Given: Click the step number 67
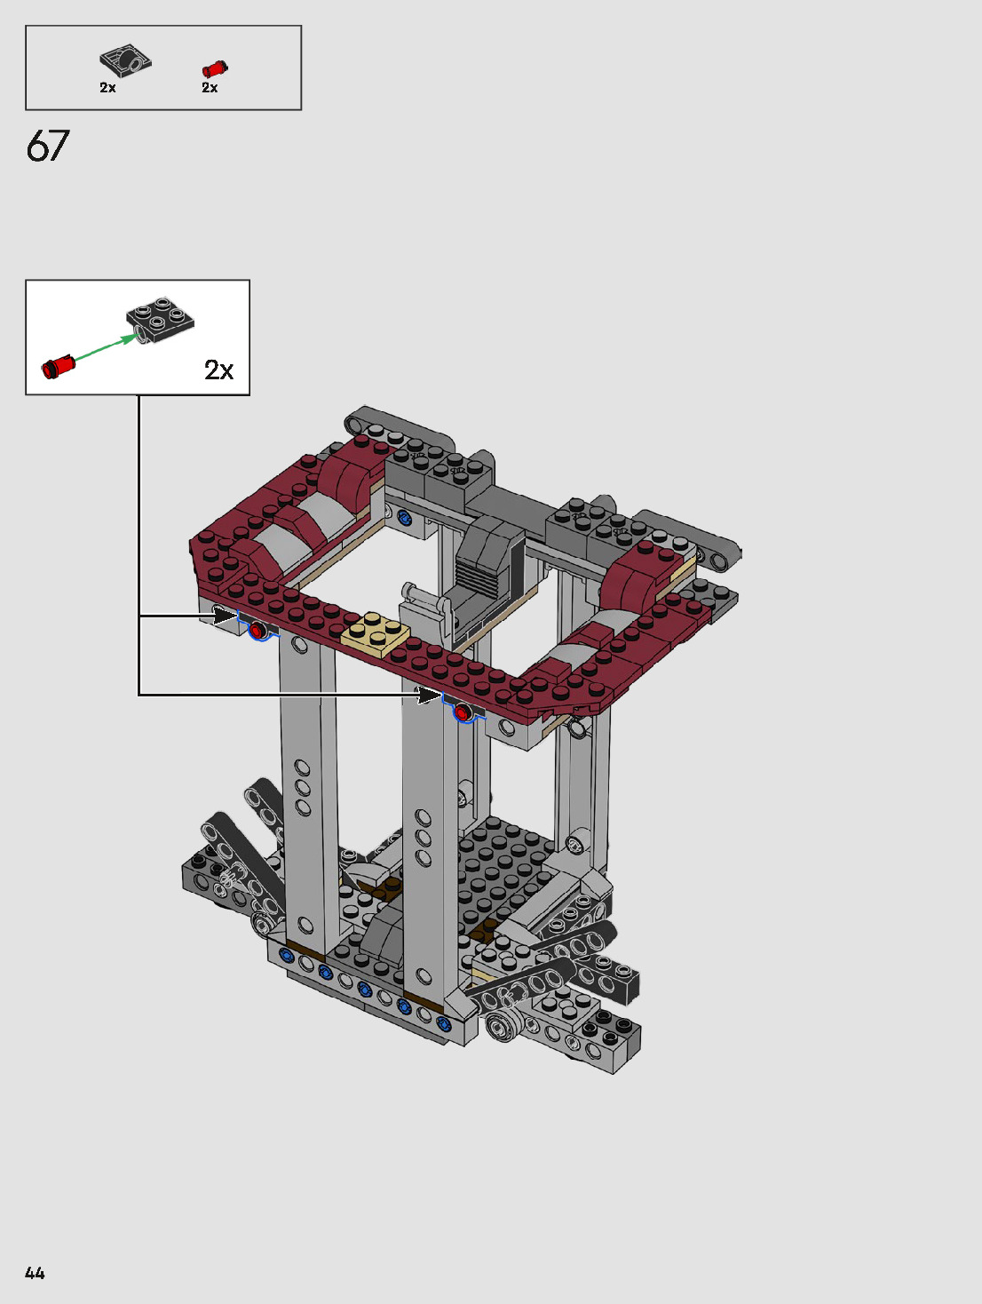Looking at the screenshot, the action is click(47, 147).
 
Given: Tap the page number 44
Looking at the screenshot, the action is click(35, 1273).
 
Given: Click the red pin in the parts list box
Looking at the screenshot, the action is click(215, 69).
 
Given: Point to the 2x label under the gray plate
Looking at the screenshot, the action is click(107, 87).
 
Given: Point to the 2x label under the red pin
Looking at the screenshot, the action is click(210, 87).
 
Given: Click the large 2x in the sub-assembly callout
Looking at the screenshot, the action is click(219, 370).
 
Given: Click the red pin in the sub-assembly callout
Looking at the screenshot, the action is click(59, 367).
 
